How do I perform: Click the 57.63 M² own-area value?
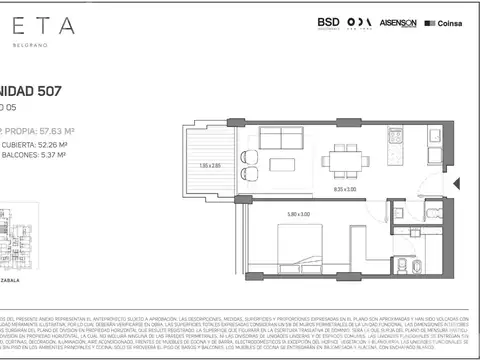(64, 129)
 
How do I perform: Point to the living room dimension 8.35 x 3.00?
(346, 188)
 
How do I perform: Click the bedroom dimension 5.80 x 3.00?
(299, 211)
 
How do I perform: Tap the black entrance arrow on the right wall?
(455, 183)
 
